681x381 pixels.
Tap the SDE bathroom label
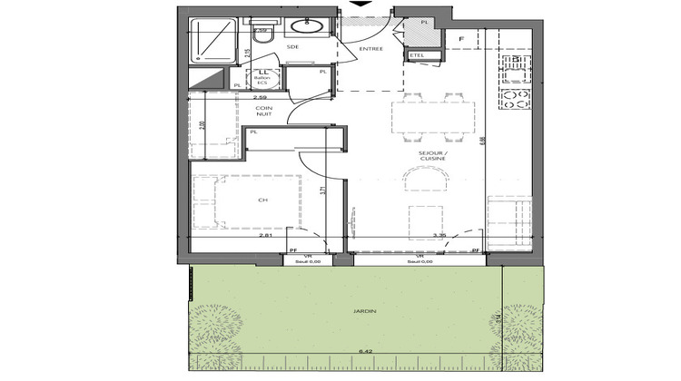pos(292,45)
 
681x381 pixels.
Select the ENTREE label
pos(370,49)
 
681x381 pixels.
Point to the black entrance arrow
pos(362,4)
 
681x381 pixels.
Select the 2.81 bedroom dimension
pos(266,236)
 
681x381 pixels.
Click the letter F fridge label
pos(461,38)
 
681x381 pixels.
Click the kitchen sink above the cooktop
pos(516,64)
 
